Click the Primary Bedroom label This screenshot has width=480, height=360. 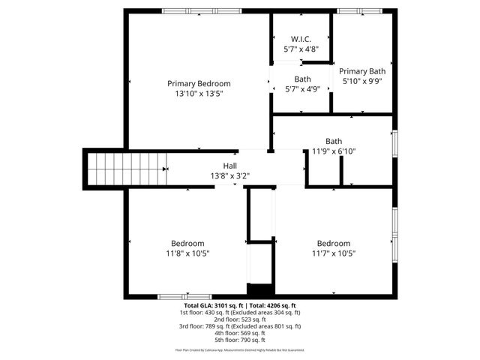click(x=199, y=83)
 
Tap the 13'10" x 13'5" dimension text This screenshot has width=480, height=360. click(x=199, y=94)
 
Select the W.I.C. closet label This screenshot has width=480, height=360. click(x=301, y=39)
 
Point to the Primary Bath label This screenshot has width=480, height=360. click(x=362, y=71)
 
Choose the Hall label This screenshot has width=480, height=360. click(x=229, y=166)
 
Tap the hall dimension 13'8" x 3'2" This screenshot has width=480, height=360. click(x=229, y=176)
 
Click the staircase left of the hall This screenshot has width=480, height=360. click(x=124, y=168)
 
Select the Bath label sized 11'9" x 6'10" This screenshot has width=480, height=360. click(x=334, y=141)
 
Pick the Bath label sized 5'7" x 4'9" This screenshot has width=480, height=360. click(x=302, y=79)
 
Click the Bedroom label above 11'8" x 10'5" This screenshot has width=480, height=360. click(x=187, y=243)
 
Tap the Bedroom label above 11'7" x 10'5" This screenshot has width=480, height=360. click(x=333, y=243)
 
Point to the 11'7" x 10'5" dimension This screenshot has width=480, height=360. click(x=333, y=253)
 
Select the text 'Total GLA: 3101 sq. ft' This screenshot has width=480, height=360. click(x=208, y=306)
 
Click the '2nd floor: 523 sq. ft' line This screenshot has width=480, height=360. click(x=240, y=319)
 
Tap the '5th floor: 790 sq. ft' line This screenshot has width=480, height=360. click(x=240, y=340)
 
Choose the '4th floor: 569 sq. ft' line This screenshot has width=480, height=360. click(x=240, y=333)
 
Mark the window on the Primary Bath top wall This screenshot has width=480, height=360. click(x=361, y=11)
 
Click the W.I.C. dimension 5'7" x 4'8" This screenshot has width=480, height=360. click(x=301, y=49)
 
